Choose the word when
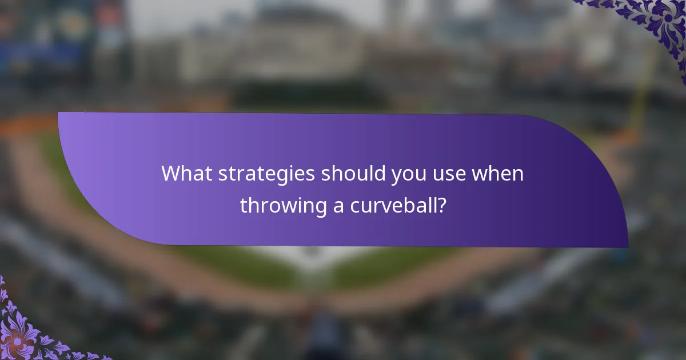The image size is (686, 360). (x=497, y=173)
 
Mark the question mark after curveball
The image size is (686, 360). (x=441, y=205)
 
